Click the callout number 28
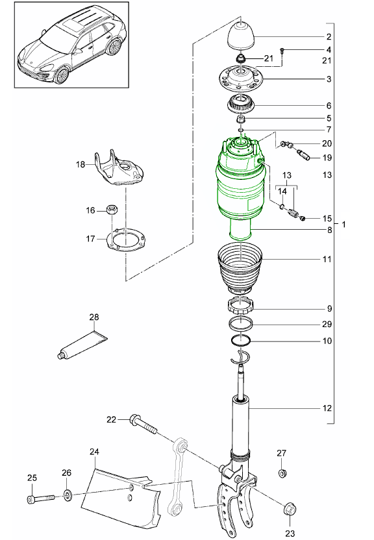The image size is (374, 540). click(x=94, y=317)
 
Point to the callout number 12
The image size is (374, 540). click(x=327, y=409)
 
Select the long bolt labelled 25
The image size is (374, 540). click(x=40, y=500)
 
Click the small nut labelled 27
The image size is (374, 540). click(x=282, y=473)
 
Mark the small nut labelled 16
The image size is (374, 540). click(x=111, y=210)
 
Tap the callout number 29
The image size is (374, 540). click(x=327, y=324)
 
